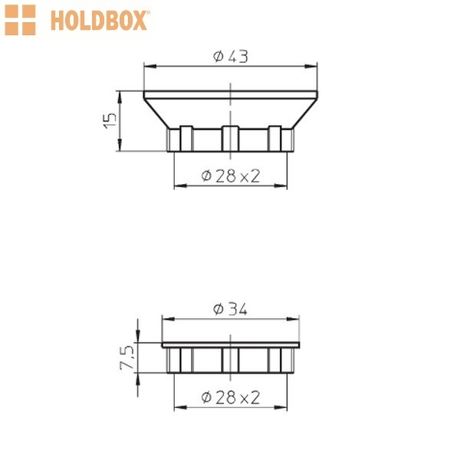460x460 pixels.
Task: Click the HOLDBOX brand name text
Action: (100, 20)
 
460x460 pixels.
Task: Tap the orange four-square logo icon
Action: (20, 20)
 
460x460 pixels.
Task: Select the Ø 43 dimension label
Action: (231, 56)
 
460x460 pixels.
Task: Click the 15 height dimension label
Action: (110, 120)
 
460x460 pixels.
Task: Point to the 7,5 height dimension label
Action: (127, 357)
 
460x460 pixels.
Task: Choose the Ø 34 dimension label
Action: (230, 309)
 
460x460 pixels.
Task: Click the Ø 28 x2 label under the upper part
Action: (231, 176)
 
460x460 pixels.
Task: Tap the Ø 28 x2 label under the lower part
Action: (231, 397)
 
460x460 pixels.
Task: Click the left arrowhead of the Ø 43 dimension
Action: (150, 67)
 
